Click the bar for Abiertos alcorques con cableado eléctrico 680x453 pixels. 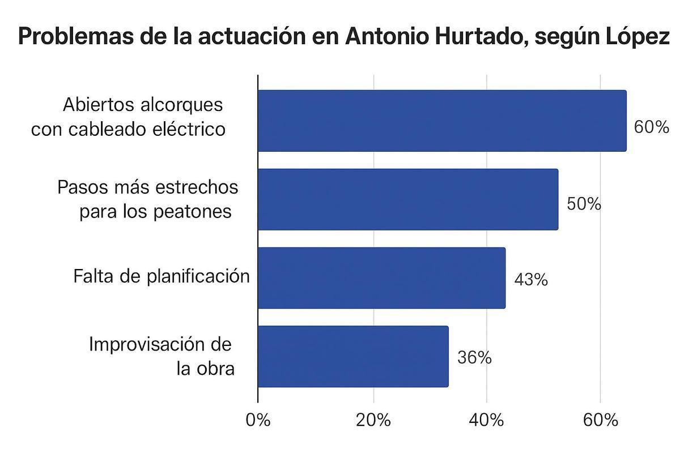click(442, 121)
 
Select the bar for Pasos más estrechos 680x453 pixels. click(408, 199)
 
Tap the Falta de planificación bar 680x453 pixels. click(381, 278)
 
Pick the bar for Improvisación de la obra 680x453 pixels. click(353, 357)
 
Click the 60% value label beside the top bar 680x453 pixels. click(652, 127)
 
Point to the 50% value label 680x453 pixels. click(584, 204)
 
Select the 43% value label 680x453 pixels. click(531, 279)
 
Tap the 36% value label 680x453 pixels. click(474, 358)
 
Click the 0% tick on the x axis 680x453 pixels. click(258, 421)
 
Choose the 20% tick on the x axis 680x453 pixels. click(373, 421)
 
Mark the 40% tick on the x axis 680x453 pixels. click(487, 421)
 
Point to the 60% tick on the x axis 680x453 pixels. click(600, 421)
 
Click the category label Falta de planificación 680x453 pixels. click(161, 276)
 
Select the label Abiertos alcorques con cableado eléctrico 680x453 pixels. click(128, 117)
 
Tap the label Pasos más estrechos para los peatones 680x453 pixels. click(148, 199)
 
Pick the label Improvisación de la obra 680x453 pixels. click(161, 357)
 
